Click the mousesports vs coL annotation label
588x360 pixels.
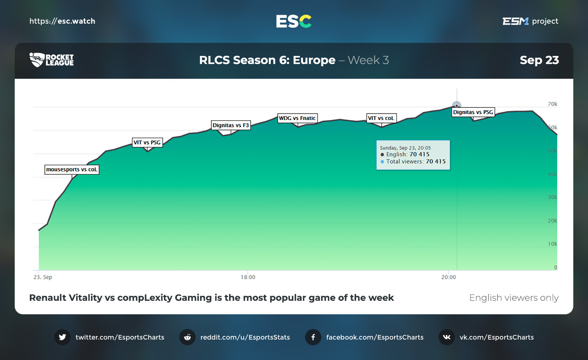tap(72, 169)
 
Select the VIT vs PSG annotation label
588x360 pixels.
tap(147, 142)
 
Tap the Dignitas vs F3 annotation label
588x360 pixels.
tap(231, 125)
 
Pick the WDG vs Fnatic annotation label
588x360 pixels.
tap(297, 118)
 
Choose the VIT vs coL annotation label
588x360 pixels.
tap(381, 118)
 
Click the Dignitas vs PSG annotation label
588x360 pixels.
tap(473, 112)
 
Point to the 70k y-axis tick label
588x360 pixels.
tap(552, 104)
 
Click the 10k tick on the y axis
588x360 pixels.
tap(552, 244)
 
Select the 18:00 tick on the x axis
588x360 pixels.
tap(248, 277)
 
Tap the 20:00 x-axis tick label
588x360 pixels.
tap(448, 277)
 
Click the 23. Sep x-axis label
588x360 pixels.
tap(43, 277)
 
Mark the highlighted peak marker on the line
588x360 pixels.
tap(457, 106)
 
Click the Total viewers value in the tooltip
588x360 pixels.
tap(436, 162)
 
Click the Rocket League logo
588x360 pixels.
tap(51, 60)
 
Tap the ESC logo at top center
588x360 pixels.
tap(294, 21)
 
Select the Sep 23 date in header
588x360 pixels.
tap(539, 60)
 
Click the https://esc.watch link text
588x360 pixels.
tap(62, 21)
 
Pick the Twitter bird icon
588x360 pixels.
tap(62, 337)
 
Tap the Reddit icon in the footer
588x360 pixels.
tap(187, 337)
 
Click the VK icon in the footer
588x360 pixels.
tap(447, 337)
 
